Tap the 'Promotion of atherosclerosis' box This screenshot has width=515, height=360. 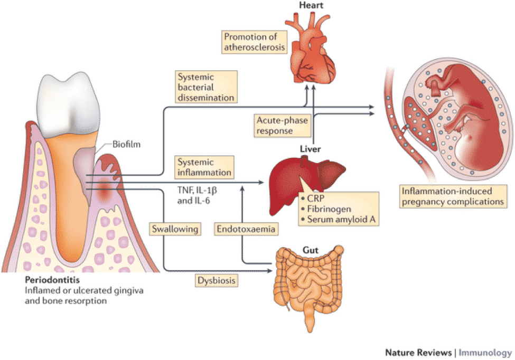[254, 42]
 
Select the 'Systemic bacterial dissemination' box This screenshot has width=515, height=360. [206, 87]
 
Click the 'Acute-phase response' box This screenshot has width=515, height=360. [282, 125]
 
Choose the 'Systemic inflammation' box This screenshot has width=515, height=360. [204, 167]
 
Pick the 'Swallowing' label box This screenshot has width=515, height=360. [175, 229]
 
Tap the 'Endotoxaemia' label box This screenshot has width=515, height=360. [246, 229]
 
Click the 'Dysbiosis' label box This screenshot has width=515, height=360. [217, 281]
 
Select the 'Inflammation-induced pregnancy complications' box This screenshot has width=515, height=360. [453, 196]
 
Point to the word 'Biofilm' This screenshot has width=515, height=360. [126, 144]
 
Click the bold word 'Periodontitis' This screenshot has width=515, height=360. [52, 280]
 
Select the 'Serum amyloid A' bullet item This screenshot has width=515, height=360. [338, 219]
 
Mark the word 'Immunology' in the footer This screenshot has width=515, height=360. [485, 353]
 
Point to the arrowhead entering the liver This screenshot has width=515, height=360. [261, 182]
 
